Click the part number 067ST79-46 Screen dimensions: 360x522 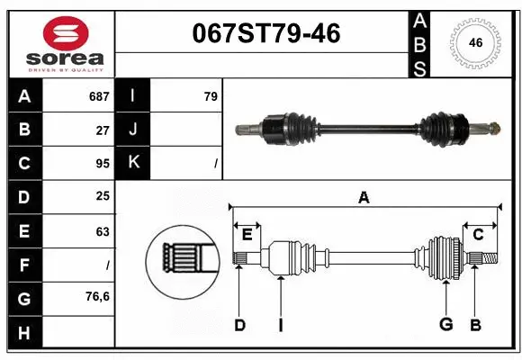266,33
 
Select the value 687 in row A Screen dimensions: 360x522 98,96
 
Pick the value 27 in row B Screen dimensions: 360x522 103,130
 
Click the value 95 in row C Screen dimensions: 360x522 103,163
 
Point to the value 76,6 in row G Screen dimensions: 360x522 97,296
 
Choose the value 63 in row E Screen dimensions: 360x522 103,230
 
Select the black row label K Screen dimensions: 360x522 134,163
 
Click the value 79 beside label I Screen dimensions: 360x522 210,96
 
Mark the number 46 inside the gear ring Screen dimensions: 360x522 475,42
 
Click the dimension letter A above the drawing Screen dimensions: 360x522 364,198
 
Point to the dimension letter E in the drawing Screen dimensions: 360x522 247,235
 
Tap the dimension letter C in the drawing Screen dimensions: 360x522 478,235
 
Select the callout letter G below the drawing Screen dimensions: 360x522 445,324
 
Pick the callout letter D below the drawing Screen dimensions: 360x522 239,324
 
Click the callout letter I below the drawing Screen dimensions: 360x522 280,324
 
